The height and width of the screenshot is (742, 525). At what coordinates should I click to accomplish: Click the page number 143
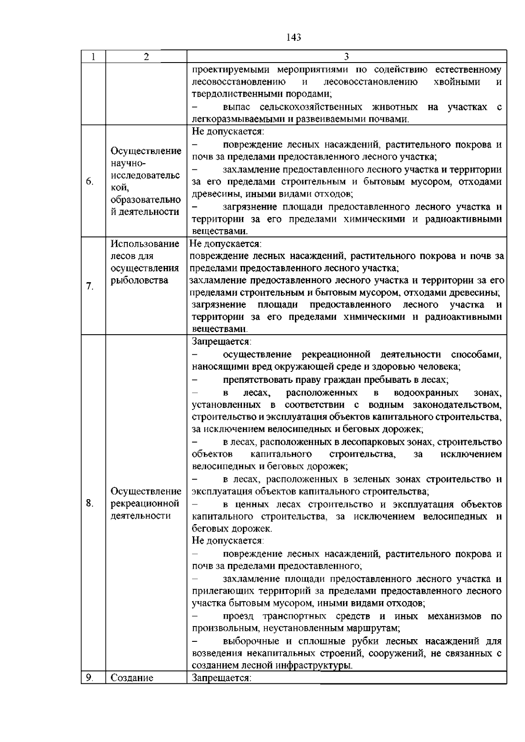(x=294, y=38)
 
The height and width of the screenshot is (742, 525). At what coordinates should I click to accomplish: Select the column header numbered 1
(x=94, y=57)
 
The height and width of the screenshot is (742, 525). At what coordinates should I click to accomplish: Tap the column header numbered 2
(x=146, y=57)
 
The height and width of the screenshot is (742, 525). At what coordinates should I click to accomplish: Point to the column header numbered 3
(x=346, y=57)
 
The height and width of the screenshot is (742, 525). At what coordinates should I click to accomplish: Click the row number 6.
(x=89, y=182)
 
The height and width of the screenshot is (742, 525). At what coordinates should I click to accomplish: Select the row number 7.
(x=89, y=287)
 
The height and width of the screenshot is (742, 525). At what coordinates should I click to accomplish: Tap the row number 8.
(x=89, y=504)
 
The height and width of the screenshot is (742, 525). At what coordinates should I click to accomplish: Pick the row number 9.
(x=89, y=678)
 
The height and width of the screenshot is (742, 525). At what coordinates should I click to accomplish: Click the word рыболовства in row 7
(x=140, y=280)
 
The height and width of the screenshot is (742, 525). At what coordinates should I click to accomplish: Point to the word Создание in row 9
(x=132, y=678)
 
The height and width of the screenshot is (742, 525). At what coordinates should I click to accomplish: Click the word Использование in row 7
(x=145, y=244)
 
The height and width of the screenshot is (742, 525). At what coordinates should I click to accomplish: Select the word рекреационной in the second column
(x=145, y=504)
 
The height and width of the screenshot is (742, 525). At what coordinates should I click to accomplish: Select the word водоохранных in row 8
(x=426, y=392)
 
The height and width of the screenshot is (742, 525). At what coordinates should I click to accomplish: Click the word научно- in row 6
(x=127, y=163)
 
